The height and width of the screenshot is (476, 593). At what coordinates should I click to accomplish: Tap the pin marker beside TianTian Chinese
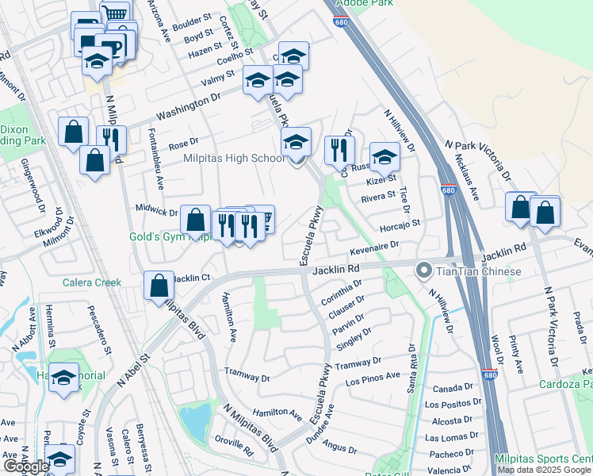click(x=423, y=272)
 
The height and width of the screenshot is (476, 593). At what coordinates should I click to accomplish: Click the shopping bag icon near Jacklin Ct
click(x=159, y=286)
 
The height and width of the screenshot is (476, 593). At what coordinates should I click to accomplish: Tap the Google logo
click(x=26, y=466)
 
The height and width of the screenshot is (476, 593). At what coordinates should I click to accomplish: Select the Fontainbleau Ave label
click(x=156, y=159)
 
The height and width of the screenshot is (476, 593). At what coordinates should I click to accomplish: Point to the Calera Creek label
click(x=92, y=282)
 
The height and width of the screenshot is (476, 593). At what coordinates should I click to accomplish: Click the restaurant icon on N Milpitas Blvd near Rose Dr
click(x=112, y=140)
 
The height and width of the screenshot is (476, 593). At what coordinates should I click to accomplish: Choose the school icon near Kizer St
click(x=384, y=156)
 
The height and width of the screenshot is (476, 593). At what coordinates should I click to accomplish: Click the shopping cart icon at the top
click(x=116, y=13)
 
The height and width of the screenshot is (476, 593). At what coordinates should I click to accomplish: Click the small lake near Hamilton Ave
click(x=195, y=419)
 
